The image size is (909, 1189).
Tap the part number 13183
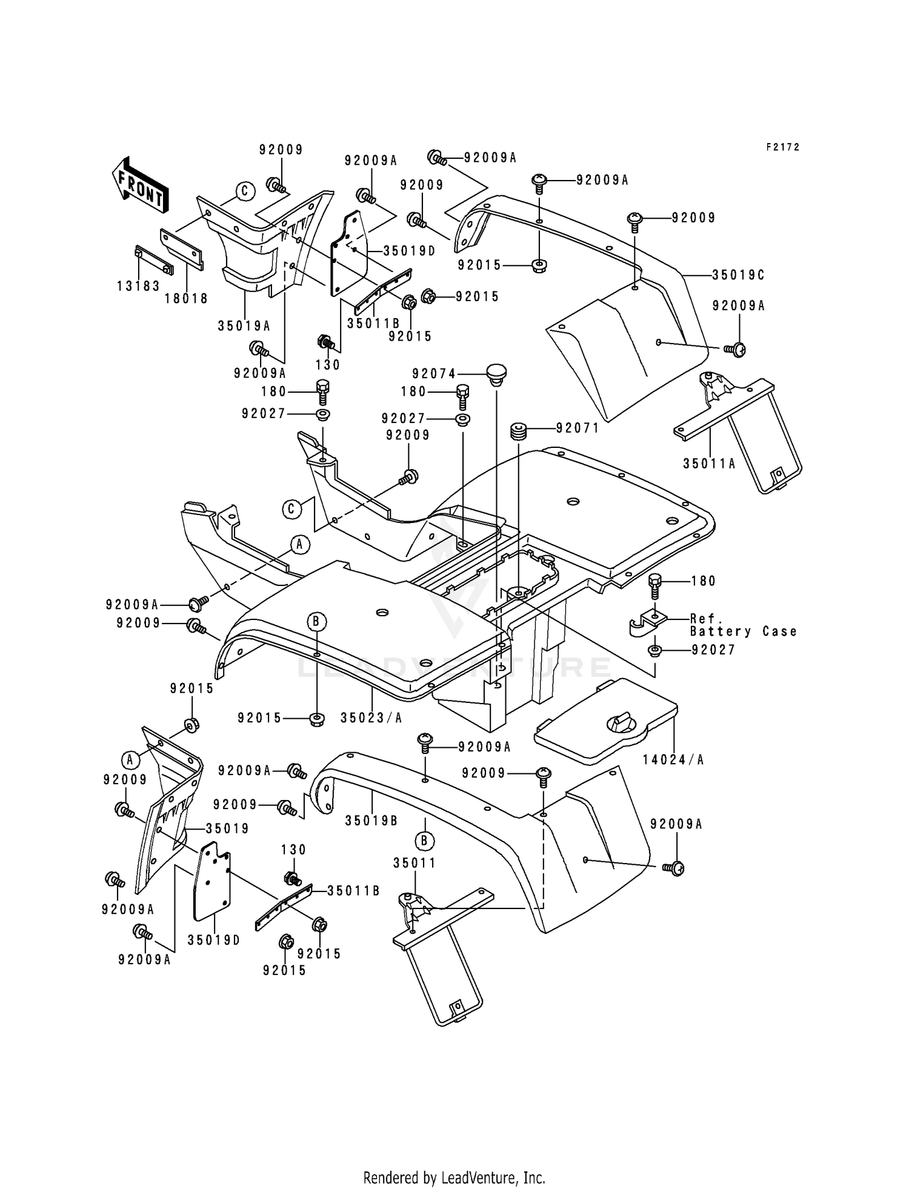[138, 286]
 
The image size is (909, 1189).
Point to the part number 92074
[434, 374]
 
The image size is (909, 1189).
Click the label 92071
[578, 428]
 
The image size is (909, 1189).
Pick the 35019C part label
[738, 275]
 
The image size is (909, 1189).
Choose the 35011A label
[709, 464]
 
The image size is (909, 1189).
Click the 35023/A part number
[371, 718]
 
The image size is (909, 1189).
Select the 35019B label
[371, 821]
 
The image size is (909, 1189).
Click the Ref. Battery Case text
[743, 625]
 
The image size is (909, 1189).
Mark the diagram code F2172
[782, 147]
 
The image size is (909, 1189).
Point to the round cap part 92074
[496, 371]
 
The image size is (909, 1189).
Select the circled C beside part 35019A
[245, 192]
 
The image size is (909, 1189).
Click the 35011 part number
[415, 863]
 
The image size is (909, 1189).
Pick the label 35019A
[244, 326]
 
